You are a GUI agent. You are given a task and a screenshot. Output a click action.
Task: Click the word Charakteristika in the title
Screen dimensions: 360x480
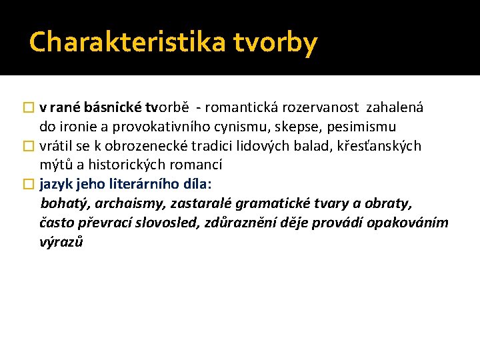128,42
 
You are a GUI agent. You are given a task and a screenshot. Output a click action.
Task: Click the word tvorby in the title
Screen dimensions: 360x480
275,42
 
